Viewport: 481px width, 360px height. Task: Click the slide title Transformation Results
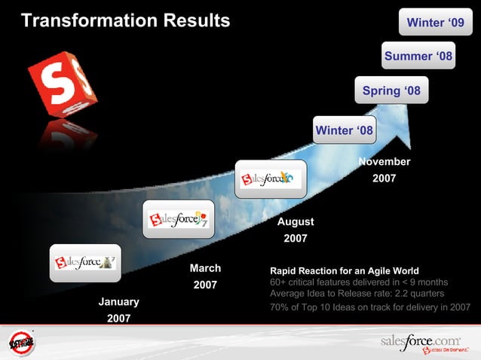125,20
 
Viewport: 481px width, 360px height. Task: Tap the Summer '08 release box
418,56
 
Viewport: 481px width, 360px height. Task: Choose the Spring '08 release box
391,91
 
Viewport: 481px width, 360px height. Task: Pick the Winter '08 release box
344,130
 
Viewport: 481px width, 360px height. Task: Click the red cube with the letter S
62,82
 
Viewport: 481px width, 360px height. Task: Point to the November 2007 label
384,170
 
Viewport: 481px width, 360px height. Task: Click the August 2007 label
295,230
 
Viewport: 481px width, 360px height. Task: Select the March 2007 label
205,276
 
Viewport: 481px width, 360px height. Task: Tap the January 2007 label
118,310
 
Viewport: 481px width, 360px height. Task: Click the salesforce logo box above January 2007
85,262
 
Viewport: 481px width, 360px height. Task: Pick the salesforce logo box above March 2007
178,218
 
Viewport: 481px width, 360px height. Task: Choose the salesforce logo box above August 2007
271,179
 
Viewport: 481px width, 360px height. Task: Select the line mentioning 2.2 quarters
357,293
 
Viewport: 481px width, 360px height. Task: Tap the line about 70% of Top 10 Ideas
369,307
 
